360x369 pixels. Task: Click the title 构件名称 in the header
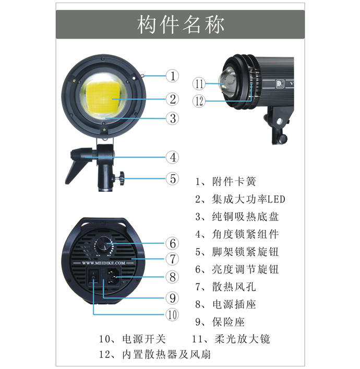181,24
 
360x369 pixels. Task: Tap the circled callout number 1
173,76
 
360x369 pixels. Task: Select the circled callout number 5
173,179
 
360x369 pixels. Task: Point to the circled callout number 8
173,277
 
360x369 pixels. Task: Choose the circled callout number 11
199,83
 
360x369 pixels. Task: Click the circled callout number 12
199,101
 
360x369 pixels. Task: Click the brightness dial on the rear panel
103,245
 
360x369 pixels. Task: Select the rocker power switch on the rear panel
93,276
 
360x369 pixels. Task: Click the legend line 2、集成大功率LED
240,199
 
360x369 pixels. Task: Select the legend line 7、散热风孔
225,287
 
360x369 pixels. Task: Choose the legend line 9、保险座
220,322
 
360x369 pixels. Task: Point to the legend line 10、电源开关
133,339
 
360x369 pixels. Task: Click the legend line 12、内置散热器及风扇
155,354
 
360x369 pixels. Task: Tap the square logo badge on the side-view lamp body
280,84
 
